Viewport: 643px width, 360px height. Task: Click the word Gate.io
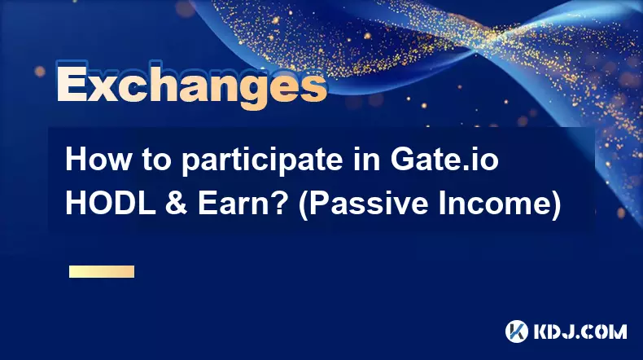click(444, 160)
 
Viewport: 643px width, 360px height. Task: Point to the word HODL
click(111, 204)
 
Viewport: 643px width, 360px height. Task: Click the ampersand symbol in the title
click(177, 204)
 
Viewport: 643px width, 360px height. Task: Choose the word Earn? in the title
click(242, 204)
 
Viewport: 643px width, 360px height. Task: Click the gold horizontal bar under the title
click(102, 271)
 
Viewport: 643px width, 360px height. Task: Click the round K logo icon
click(517, 331)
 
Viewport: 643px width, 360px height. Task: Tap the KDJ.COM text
click(580, 331)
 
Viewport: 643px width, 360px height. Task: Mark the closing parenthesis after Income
click(555, 205)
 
